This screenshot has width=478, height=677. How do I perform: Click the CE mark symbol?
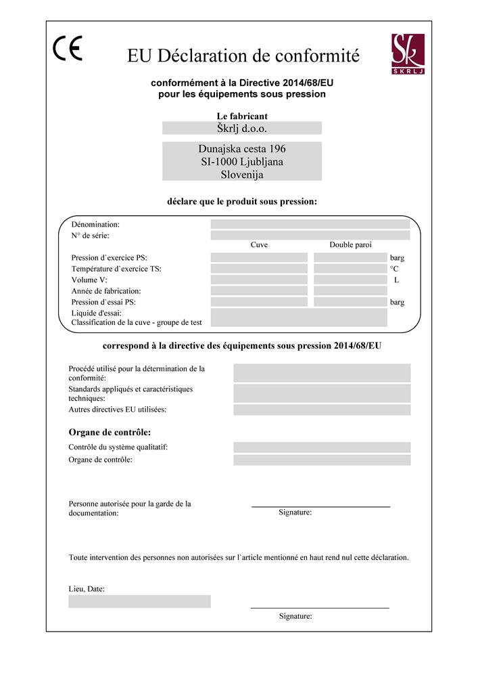[x=68, y=49]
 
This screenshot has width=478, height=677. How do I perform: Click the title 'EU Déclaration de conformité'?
[x=243, y=55]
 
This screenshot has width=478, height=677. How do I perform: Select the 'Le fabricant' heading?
[x=242, y=116]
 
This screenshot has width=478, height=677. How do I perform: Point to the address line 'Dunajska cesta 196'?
[x=242, y=149]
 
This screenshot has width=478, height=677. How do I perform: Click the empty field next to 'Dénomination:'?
[x=310, y=224]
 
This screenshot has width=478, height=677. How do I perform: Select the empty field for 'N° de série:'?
[x=310, y=235]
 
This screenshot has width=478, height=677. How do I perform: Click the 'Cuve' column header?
[x=259, y=245]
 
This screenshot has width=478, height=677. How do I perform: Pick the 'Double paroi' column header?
[x=350, y=245]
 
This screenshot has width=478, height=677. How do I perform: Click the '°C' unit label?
[x=394, y=269]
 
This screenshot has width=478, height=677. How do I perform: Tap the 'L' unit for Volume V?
[x=397, y=280]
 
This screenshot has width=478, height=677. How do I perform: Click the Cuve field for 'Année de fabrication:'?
[x=259, y=291]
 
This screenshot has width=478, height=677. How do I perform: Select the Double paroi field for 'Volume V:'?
[x=350, y=280]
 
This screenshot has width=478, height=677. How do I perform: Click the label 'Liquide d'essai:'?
[x=96, y=313]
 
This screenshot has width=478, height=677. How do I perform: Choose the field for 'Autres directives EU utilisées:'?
[x=322, y=410]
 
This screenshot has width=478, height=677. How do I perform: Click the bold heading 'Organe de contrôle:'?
[x=110, y=432]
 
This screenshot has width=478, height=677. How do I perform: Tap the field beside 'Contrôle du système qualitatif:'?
[x=322, y=447]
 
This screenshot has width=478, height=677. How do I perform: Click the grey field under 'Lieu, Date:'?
[x=139, y=601]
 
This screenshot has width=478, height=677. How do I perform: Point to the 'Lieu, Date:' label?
[x=87, y=589]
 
